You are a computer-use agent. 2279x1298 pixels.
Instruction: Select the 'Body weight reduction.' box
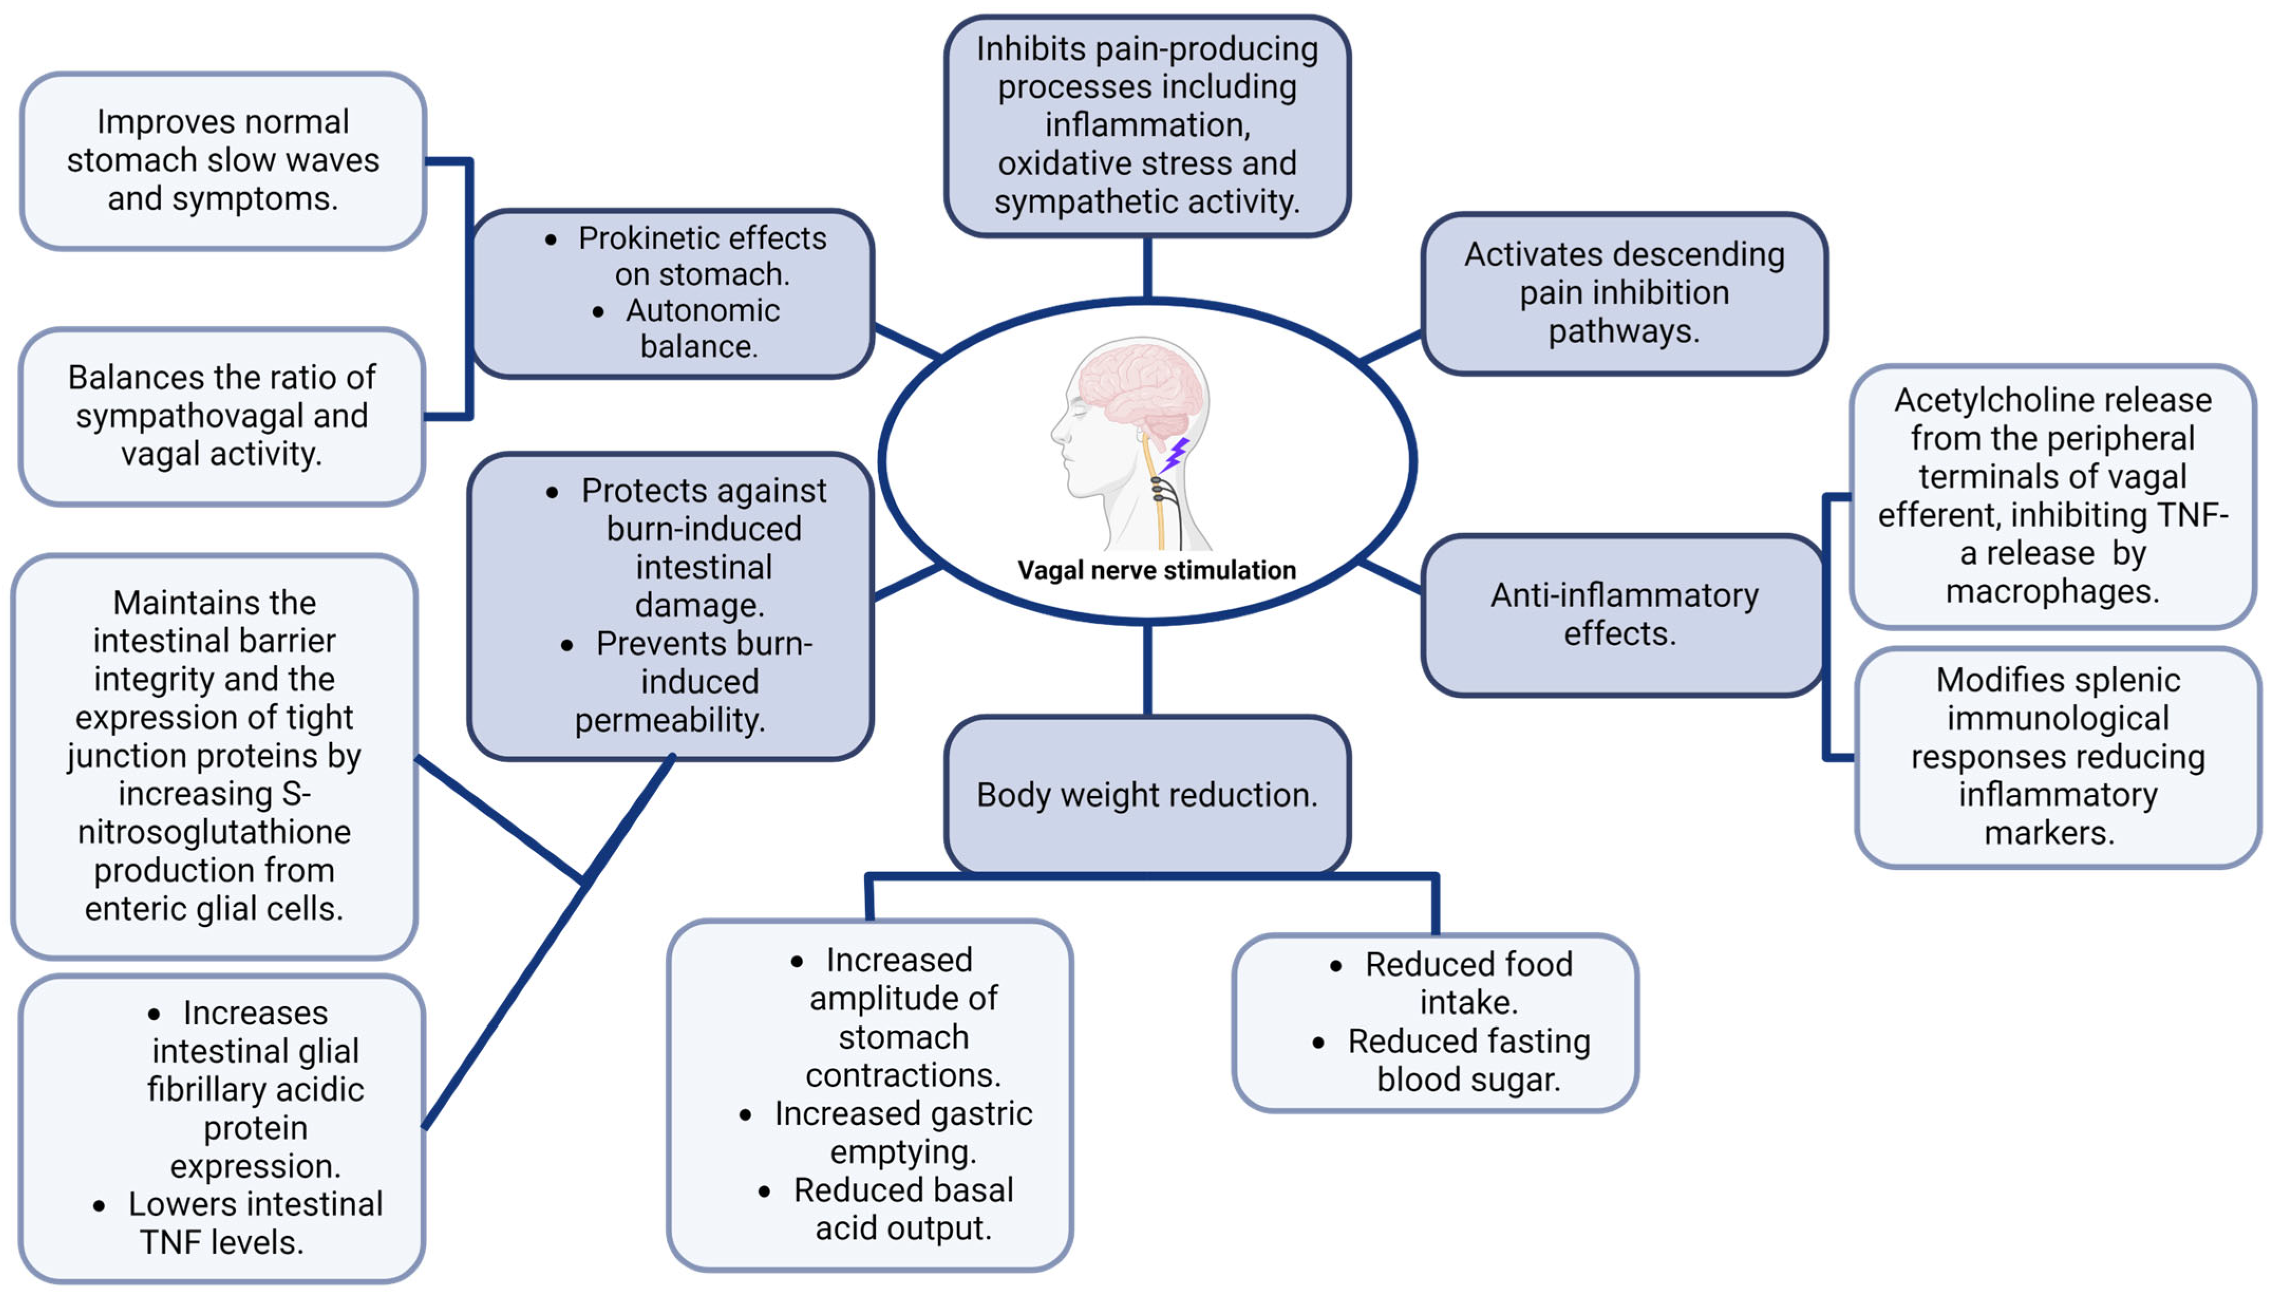[1146, 794]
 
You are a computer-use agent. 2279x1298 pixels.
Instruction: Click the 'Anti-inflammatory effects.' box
[1623, 614]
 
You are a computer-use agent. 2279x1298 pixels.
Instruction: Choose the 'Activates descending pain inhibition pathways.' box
[1623, 292]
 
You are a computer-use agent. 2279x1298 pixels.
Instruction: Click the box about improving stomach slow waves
[223, 160]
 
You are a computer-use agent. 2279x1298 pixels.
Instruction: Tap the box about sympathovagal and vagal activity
[221, 415]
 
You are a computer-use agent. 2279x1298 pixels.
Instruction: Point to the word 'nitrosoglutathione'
[214, 832]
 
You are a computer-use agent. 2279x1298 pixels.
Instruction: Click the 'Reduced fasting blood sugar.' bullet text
[1468, 1060]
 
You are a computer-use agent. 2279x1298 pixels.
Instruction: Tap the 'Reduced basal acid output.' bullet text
[902, 1209]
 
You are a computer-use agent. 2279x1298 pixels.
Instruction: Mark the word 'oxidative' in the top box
[1066, 163]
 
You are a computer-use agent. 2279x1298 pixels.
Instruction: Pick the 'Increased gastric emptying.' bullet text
[902, 1132]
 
